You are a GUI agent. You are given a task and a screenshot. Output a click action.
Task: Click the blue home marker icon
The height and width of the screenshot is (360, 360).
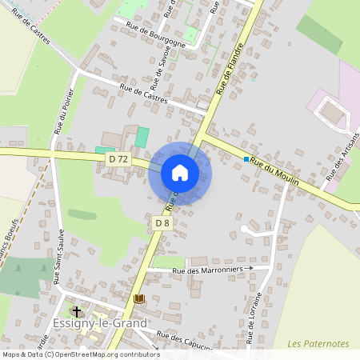pyautogui.click(x=180, y=173)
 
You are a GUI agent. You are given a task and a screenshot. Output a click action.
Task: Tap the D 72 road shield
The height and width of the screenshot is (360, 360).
pyautogui.click(x=118, y=159)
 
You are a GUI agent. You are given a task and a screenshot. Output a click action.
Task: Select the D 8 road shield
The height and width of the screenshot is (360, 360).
pyautogui.click(x=162, y=222)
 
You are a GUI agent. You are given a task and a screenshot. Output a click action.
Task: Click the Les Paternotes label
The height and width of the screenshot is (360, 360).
pyautogui.click(x=318, y=343)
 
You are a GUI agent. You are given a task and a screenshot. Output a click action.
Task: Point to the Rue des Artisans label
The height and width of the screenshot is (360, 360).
pyautogui.click(x=340, y=170)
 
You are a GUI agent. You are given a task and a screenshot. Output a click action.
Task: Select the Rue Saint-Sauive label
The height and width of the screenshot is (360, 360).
pyautogui.click(x=58, y=257)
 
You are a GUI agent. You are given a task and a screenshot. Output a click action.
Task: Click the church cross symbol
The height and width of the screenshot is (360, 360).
pyautogui.click(x=77, y=311)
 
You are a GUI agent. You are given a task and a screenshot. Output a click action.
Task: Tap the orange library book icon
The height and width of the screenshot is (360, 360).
pyautogui.click(x=139, y=298)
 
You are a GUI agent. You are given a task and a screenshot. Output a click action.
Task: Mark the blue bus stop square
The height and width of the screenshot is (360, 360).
pyautogui.click(x=246, y=159)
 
